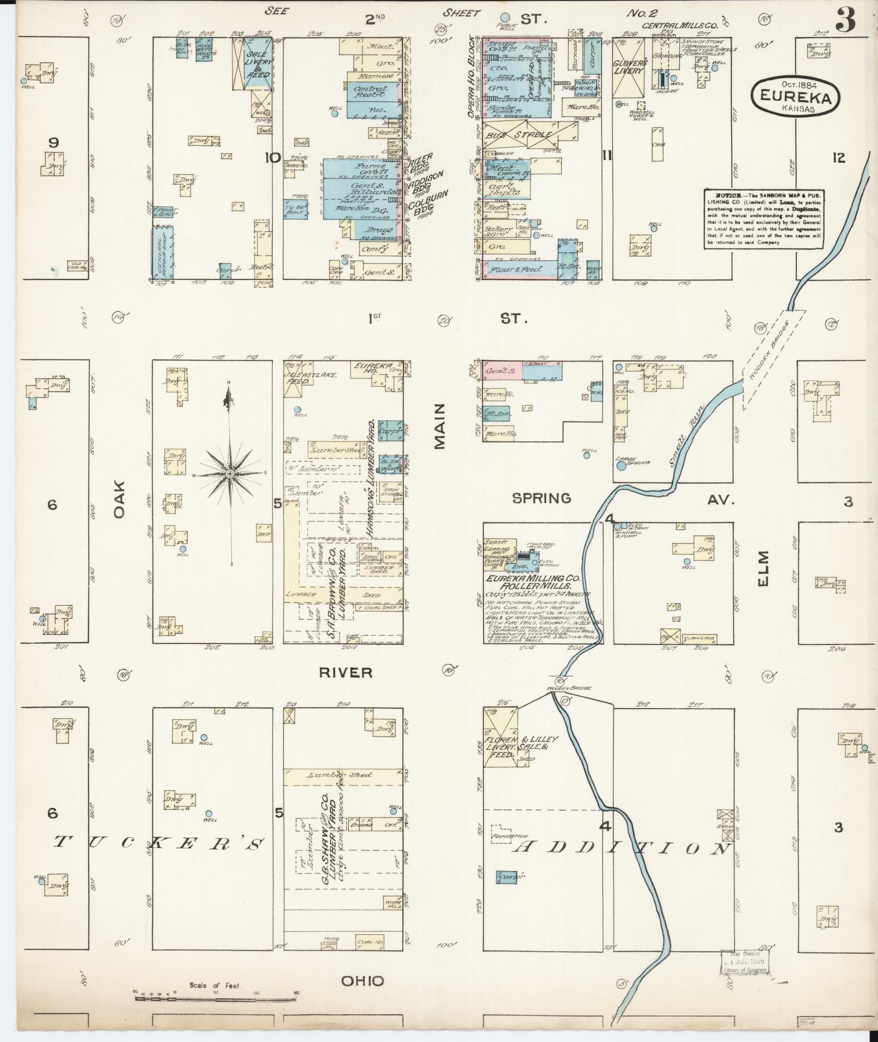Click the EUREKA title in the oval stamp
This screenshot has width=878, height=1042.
point(795,97)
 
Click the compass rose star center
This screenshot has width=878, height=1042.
point(230,474)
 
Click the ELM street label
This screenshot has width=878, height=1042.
point(763,569)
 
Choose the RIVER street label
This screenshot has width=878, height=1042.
point(346,673)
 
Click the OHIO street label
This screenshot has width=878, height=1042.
point(362,981)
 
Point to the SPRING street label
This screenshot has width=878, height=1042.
point(542,498)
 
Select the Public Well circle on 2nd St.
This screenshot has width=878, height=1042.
point(505,17)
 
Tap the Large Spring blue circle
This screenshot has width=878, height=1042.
point(621,466)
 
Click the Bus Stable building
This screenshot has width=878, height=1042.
point(528,135)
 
